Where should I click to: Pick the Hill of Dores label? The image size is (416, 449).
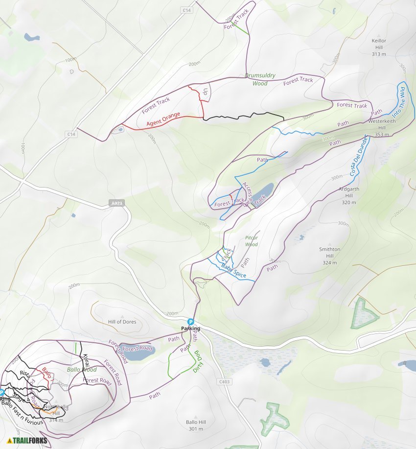(122, 322)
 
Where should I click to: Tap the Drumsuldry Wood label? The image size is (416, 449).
(260, 79)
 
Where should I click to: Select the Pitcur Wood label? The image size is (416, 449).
(251, 241)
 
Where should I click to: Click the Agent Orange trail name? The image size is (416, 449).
(163, 119)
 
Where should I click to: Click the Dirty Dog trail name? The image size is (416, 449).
(197, 361)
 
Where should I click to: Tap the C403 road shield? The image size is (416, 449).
(225, 381)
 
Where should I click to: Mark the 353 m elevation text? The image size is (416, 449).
(381, 134)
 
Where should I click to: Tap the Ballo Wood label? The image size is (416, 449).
(82, 370)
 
